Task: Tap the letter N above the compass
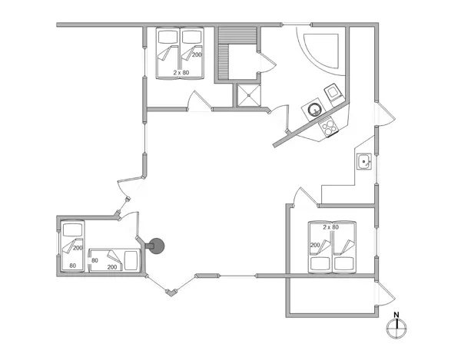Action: (x=396, y=314)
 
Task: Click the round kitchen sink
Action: (x=315, y=110)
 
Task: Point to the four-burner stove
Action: (x=330, y=127)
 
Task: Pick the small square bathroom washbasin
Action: (x=364, y=161)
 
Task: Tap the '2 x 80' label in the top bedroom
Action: (x=181, y=72)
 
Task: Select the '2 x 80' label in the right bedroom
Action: (x=330, y=227)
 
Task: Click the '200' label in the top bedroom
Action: (x=197, y=55)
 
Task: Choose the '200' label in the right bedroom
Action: (x=315, y=246)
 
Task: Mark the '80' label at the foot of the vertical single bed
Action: (x=73, y=266)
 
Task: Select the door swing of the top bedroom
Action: (x=197, y=101)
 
